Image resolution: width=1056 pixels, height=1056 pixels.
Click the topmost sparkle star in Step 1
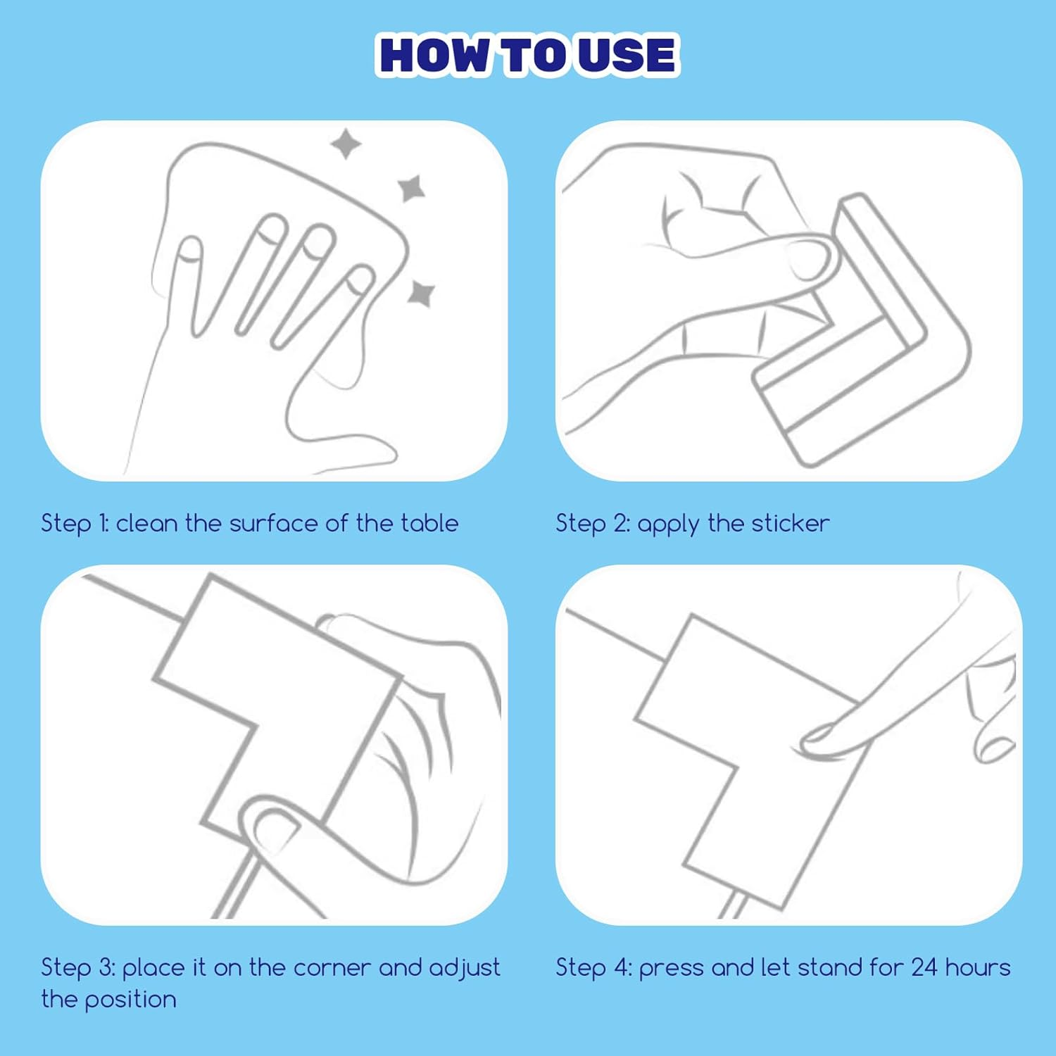click(346, 144)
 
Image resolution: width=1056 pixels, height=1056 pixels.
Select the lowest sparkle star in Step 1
click(421, 293)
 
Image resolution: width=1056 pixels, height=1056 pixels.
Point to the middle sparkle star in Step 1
click(411, 188)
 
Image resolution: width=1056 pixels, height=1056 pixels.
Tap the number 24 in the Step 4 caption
click(924, 967)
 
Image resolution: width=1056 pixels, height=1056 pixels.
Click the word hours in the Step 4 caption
click(978, 967)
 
